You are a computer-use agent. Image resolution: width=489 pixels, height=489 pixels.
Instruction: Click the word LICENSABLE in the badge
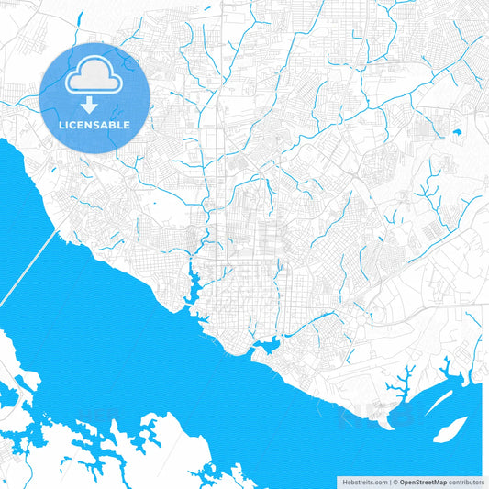(x=95, y=125)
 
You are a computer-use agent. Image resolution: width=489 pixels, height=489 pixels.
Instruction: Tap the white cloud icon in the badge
(x=95, y=81)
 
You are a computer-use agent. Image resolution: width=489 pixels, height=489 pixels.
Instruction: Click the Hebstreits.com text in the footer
(x=362, y=481)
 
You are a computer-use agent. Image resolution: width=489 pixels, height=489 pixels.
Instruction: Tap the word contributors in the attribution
(x=467, y=481)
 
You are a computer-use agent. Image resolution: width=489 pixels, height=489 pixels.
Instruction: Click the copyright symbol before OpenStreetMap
(x=395, y=481)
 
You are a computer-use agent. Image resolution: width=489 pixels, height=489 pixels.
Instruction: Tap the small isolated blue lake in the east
(x=456, y=133)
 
